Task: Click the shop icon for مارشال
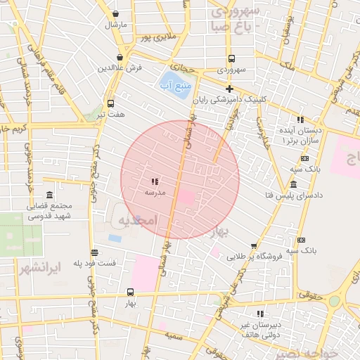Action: [x=115, y=13]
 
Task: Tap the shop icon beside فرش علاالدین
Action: [x=121, y=57]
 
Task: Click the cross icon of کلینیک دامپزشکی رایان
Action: [x=229, y=88]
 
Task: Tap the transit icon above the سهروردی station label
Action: [x=231, y=59]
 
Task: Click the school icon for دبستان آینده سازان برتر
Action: [x=301, y=120]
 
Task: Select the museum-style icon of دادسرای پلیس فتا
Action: [x=293, y=184]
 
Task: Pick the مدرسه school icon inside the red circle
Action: [x=155, y=181]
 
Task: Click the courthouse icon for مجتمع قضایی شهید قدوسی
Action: [x=49, y=195]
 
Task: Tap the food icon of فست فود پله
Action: [x=94, y=252]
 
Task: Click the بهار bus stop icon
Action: [x=130, y=292]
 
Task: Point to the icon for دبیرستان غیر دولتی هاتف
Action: [x=260, y=314]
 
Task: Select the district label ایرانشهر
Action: [x=56, y=267]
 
